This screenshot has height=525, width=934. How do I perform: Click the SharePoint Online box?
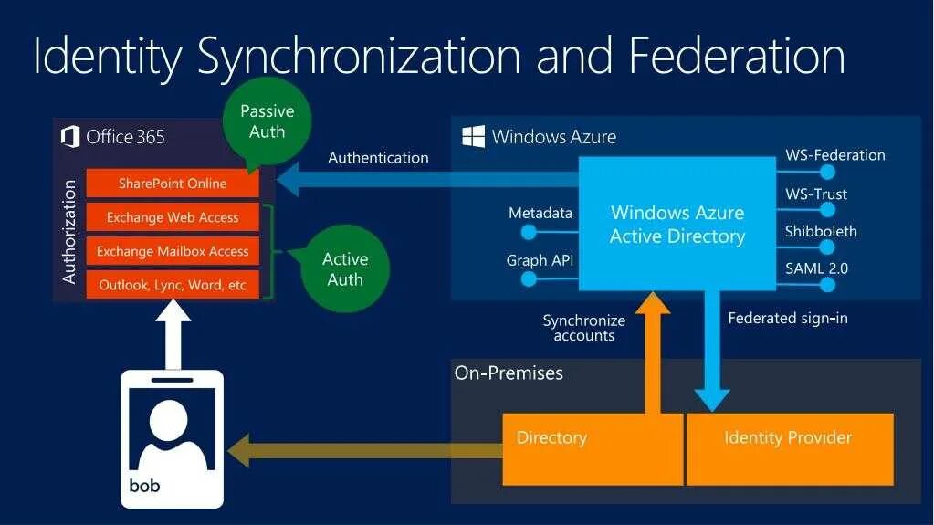point(173,184)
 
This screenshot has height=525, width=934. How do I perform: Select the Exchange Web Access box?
point(173,217)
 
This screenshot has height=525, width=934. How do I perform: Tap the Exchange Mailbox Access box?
point(173,251)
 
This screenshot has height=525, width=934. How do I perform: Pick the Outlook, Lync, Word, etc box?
point(173,285)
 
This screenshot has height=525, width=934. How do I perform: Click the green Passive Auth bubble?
point(267,121)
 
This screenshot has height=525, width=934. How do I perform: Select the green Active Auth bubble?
point(345,269)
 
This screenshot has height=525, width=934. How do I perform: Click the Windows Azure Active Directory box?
point(677,225)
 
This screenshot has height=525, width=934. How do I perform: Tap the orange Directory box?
point(593,448)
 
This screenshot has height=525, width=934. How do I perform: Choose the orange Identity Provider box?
point(789,448)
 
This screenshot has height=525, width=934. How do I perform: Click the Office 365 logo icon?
point(69,137)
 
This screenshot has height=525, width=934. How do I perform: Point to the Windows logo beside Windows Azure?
point(473,137)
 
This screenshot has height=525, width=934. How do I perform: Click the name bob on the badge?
point(144,486)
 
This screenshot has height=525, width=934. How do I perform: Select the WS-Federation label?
point(834,155)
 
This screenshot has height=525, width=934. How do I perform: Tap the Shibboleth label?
point(821,231)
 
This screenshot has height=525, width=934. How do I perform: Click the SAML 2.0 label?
point(816,268)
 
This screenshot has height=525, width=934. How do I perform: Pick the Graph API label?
point(540,260)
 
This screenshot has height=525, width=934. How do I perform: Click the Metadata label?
point(540,213)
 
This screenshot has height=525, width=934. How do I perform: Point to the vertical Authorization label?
point(69,232)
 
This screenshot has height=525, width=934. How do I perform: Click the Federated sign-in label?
point(788,319)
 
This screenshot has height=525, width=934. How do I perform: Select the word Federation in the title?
point(737,57)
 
